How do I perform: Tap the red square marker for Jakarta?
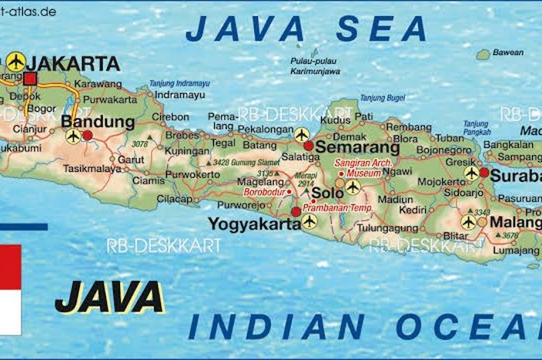(x=30, y=78)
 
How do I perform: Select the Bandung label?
(x=98, y=122)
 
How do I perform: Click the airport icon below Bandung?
(x=74, y=136)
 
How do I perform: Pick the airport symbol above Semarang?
(x=302, y=135)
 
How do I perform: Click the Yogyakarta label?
(x=254, y=225)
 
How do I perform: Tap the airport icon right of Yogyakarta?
(x=310, y=221)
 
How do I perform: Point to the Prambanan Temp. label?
(x=338, y=208)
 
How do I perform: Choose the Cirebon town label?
(x=170, y=117)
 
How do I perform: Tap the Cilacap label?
(x=174, y=199)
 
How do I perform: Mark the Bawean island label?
(x=508, y=53)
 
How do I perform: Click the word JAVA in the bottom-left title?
(x=109, y=297)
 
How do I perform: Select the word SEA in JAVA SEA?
(x=382, y=29)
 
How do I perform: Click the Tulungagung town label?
(x=387, y=228)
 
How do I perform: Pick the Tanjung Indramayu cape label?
(x=180, y=82)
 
